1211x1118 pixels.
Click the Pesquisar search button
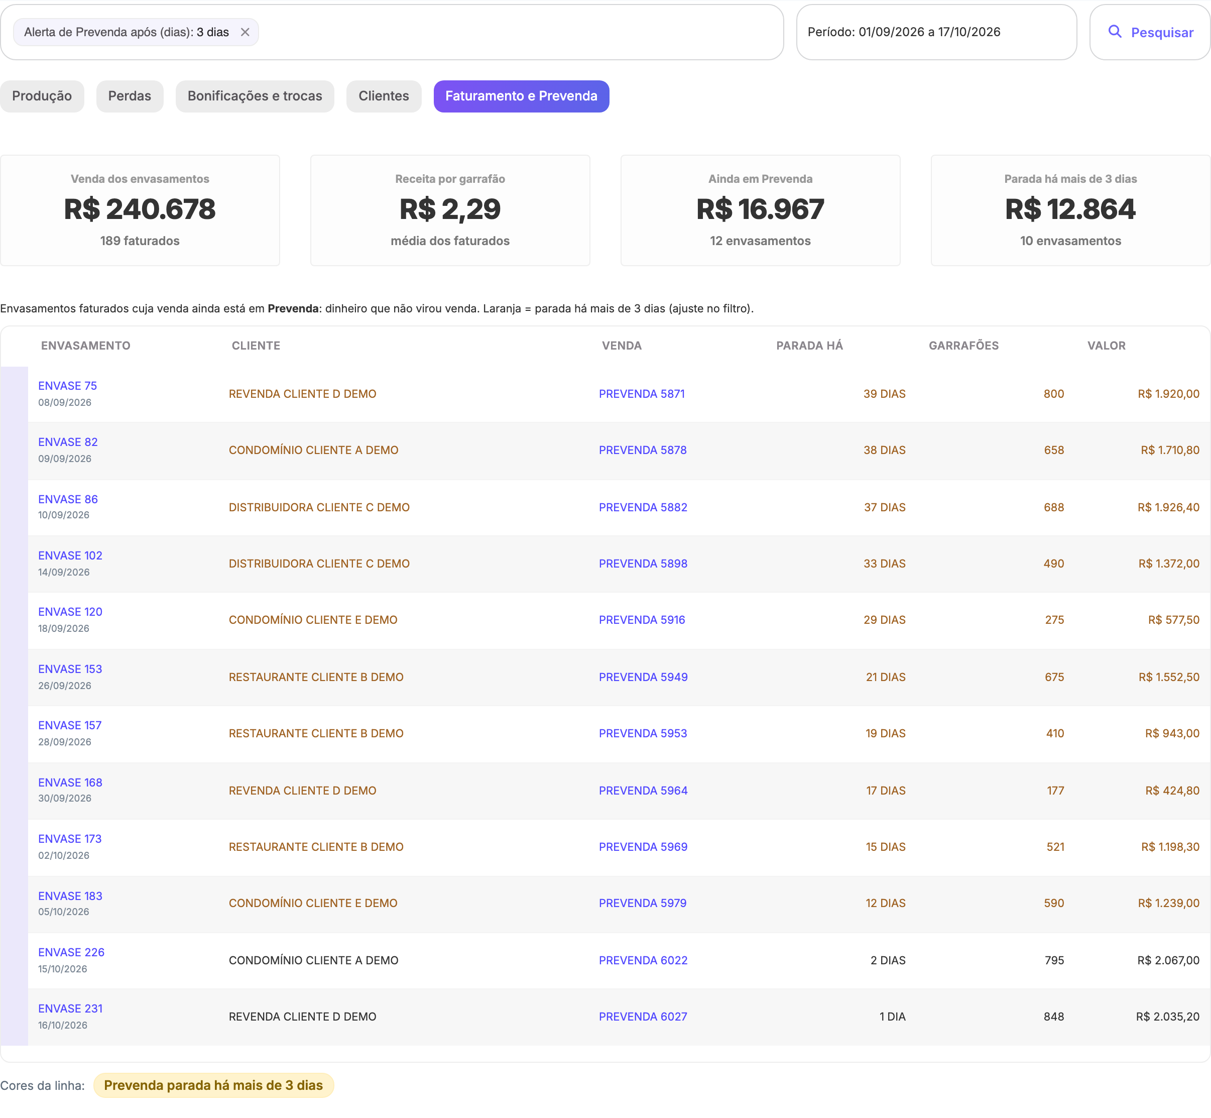click(x=1149, y=32)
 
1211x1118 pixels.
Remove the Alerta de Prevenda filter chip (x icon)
click(x=245, y=32)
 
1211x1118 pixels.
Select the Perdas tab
click(x=130, y=96)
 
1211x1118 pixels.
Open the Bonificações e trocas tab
click(x=255, y=96)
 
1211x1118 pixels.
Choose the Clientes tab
click(x=384, y=96)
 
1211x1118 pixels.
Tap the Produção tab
click(x=42, y=96)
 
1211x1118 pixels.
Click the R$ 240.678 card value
click(x=140, y=209)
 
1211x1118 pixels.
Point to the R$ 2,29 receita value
click(x=450, y=209)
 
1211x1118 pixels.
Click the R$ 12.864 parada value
click(x=1070, y=209)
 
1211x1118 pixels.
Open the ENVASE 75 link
click(x=67, y=386)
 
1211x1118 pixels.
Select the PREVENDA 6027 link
click(x=643, y=1017)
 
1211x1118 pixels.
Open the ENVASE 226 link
click(x=71, y=952)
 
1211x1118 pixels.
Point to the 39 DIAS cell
click(x=884, y=394)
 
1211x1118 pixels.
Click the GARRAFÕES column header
click(x=963, y=346)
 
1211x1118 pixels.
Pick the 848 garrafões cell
click(x=1054, y=1017)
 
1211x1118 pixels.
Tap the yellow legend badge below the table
click(x=213, y=1085)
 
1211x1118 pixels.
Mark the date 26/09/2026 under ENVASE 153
click(x=65, y=686)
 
